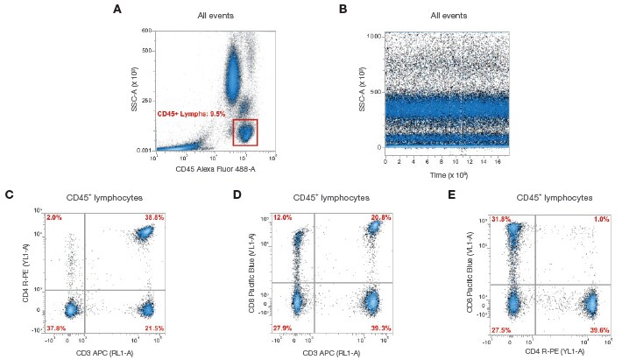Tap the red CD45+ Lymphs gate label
click(191, 114)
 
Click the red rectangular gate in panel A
click(245, 132)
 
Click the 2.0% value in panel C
click(53, 216)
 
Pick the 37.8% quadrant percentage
click(55, 328)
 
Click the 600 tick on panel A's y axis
click(148, 30)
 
